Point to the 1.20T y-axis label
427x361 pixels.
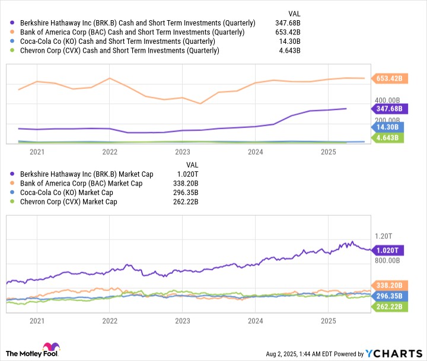[x=386, y=235]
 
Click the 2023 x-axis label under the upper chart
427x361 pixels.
[x=182, y=152]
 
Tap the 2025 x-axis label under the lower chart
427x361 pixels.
[x=328, y=321]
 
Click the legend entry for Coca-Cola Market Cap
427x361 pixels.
[x=66, y=193]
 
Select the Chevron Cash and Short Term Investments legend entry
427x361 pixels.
[x=118, y=51]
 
